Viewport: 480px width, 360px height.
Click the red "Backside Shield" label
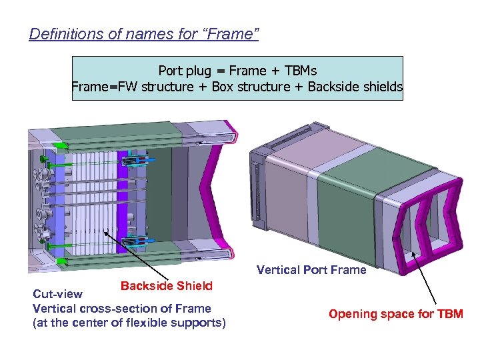click(167, 286)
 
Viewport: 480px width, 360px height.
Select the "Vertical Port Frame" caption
click(311, 270)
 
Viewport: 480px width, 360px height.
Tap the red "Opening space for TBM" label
click(395, 314)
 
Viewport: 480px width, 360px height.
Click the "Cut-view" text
click(58, 294)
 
